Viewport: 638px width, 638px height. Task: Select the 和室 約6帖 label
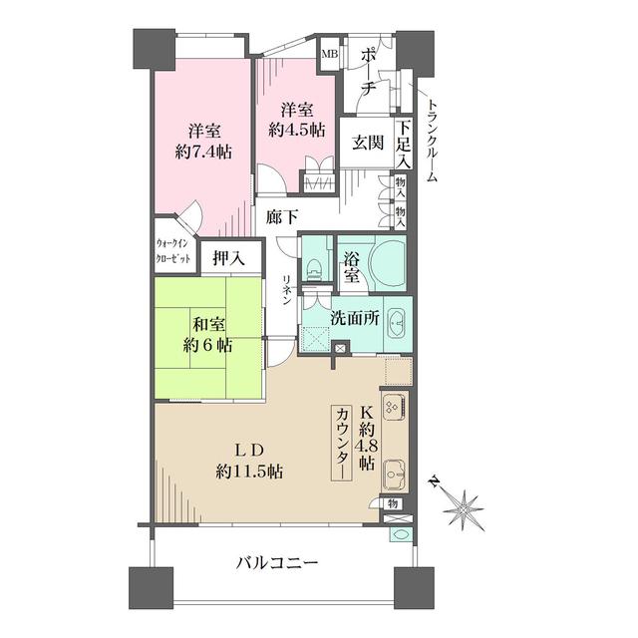[x=207, y=334]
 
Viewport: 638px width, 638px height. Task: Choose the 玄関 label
[x=366, y=143]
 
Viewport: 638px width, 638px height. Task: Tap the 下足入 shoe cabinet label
[x=404, y=144]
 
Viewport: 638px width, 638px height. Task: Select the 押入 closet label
[x=230, y=257]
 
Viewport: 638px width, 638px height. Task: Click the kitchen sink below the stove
[x=393, y=473]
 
